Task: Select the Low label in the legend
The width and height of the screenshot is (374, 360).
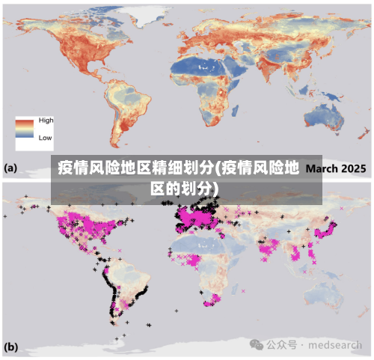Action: [x=45, y=138]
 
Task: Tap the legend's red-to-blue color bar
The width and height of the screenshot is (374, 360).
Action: [x=25, y=129]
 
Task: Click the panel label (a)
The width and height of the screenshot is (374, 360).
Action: [x=11, y=168]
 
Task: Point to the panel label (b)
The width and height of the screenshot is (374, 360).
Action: [x=11, y=347]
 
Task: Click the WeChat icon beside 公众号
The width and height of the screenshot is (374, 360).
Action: [x=257, y=344]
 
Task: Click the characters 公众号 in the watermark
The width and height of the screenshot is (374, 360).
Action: [x=282, y=345]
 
